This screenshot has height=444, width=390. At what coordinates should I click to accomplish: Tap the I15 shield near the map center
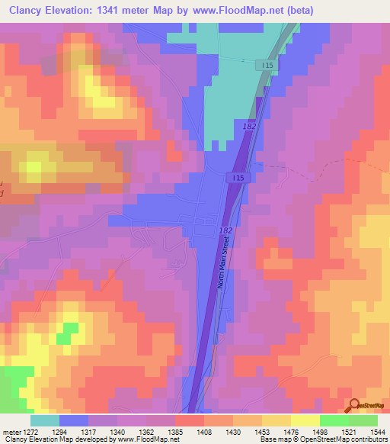click(238, 177)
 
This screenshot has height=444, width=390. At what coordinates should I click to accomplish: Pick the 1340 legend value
click(118, 433)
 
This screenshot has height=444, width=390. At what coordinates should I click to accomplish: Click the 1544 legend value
click(379, 433)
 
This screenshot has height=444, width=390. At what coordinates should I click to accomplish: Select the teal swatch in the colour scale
click(45, 420)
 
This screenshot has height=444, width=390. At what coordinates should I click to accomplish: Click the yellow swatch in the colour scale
click(305, 420)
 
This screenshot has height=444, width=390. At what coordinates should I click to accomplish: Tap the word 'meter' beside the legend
click(11, 433)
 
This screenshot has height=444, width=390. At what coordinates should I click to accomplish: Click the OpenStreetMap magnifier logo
click(354, 405)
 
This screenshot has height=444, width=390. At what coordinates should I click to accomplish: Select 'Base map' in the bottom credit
click(278, 440)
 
